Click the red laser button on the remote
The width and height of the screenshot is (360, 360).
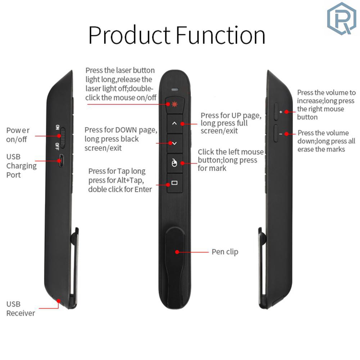[175, 105]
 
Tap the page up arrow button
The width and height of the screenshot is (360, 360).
[175, 124]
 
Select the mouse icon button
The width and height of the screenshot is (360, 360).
[175, 163]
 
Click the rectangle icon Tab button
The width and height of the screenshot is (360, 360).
[175, 183]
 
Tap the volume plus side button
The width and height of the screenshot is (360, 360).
[276, 111]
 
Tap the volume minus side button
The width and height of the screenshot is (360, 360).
[276, 134]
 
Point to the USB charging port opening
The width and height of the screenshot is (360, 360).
[61, 161]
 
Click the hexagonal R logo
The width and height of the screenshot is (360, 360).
[342, 18]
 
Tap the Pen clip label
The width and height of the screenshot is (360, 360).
[225, 252]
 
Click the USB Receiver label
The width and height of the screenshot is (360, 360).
[21, 309]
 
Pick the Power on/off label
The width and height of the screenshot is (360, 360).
[18, 135]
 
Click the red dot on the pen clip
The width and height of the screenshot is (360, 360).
[177, 252]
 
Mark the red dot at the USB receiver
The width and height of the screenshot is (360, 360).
[59, 301]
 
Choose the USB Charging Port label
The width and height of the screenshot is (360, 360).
[21, 166]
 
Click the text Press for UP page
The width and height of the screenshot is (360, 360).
[231, 116]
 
